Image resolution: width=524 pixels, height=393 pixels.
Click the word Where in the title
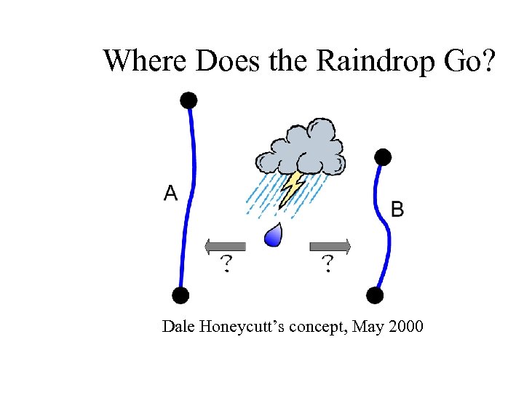tap(146, 60)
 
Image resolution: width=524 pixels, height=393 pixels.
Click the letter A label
tap(170, 193)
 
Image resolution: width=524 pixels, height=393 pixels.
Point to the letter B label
tap(397, 210)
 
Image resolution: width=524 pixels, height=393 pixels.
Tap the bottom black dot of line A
tap(180, 295)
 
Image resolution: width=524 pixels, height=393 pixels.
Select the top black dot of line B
tap(382, 156)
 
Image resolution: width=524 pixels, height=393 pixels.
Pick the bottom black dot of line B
tap(374, 295)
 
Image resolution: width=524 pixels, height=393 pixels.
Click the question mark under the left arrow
tap(227, 263)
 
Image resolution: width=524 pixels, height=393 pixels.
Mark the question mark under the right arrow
tap(328, 263)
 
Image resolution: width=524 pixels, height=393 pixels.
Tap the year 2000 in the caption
tap(405, 326)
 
